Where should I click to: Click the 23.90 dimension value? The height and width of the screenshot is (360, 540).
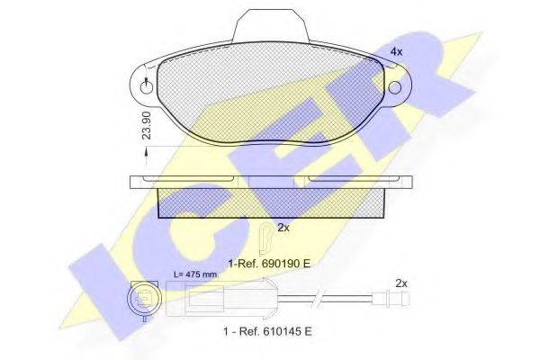point(147,124)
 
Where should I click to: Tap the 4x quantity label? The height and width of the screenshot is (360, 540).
point(396,51)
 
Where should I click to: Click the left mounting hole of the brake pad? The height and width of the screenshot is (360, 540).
point(147,88)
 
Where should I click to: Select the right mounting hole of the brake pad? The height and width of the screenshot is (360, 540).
point(395,87)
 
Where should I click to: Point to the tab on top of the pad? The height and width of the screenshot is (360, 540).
point(270,25)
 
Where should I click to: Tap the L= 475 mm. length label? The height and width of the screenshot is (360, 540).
point(196,274)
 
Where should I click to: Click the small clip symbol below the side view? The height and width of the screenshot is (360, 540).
point(265,238)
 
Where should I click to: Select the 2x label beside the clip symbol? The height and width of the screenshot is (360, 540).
point(283,228)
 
